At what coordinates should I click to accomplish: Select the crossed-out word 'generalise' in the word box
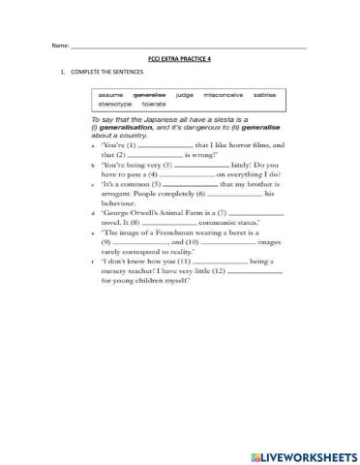pos(150,95)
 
